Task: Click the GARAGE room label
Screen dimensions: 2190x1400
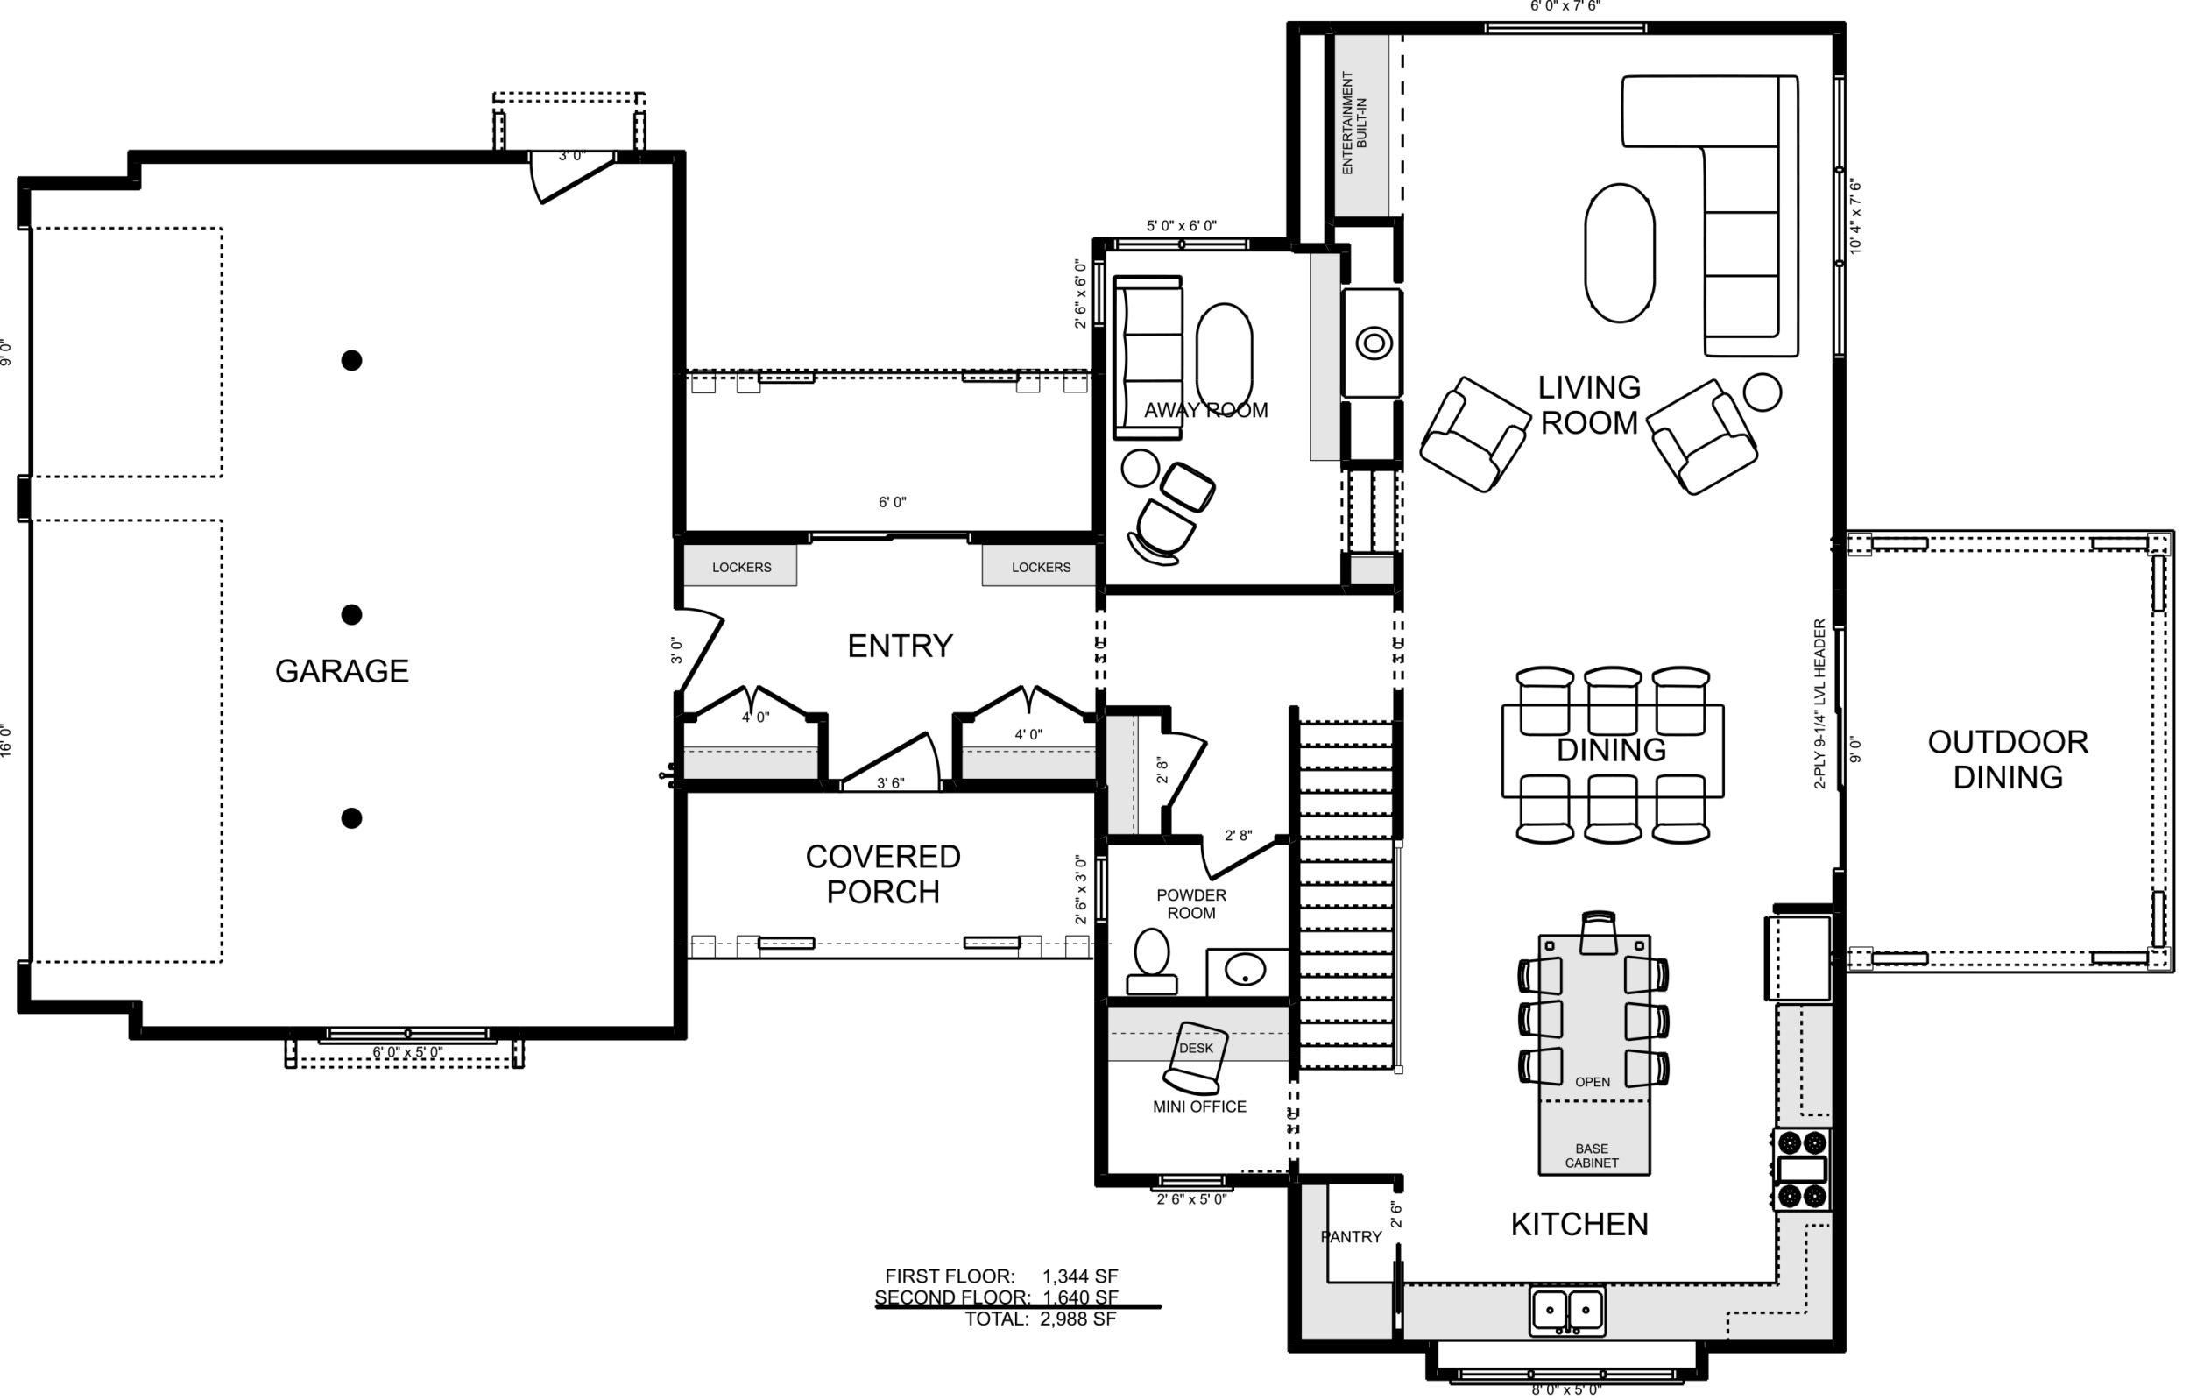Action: [x=341, y=671]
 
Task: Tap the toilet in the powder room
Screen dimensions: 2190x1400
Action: [x=1151, y=960]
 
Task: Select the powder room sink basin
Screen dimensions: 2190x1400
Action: [x=1245, y=970]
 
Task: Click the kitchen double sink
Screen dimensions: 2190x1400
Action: [x=1567, y=1311]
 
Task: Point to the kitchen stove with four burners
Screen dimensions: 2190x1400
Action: [x=1803, y=1169]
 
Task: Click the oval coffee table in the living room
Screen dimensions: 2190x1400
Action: [x=1620, y=253]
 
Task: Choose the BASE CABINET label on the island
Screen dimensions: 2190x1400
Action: [x=1592, y=1156]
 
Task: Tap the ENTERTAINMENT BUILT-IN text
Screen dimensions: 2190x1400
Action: [x=1354, y=123]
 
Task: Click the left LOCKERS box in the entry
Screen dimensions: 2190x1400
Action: [x=740, y=565]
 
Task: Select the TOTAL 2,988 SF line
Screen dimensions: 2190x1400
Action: [x=1041, y=1319]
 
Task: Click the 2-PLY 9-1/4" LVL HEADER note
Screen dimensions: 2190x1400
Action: [x=1819, y=704]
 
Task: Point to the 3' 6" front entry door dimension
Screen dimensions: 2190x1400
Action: [x=890, y=783]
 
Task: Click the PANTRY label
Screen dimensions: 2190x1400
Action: [x=1351, y=1237]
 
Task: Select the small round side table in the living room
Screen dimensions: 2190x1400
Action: [x=1763, y=392]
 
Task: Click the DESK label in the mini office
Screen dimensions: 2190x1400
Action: [x=1196, y=1048]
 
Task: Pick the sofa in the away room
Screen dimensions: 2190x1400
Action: [x=1148, y=358]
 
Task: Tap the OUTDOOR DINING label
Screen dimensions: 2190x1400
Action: [x=2007, y=760]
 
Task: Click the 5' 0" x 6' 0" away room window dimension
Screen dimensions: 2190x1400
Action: [x=1181, y=226]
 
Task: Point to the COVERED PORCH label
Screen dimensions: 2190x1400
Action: [x=882, y=874]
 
